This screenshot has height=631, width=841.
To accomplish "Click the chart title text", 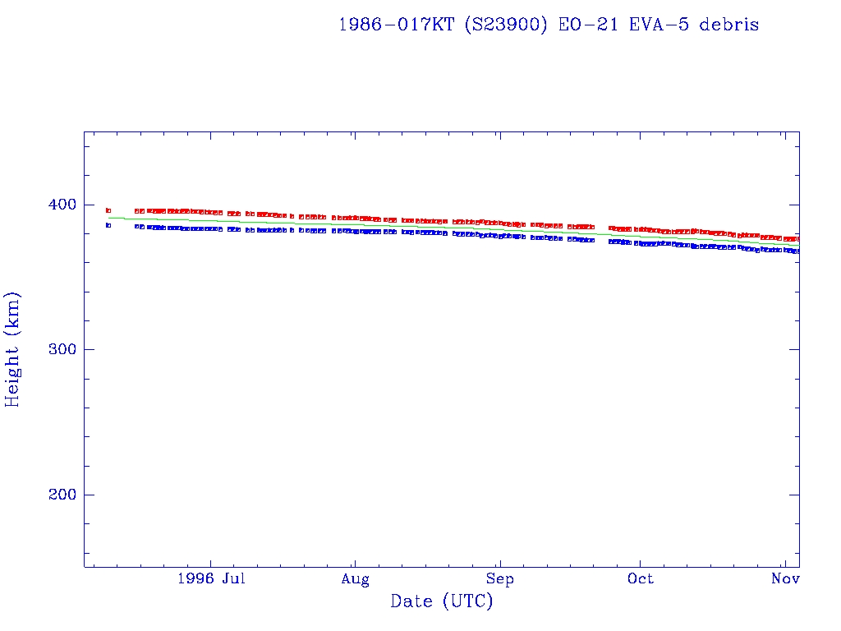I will coord(549,25).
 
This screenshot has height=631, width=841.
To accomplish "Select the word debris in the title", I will coord(729,25).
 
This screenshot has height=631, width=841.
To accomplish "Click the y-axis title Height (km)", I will coord(12,349).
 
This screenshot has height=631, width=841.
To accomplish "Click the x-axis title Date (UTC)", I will coord(442,601).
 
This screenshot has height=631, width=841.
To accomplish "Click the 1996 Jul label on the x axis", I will coord(211,579).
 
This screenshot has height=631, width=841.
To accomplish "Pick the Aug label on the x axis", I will coord(355,579).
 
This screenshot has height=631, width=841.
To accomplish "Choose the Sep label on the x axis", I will coord(499,579).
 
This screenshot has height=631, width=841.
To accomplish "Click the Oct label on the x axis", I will coord(641,579).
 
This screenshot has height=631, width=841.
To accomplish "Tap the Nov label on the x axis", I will coord(786,579).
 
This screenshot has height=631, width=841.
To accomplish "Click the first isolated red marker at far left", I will coord(108,210).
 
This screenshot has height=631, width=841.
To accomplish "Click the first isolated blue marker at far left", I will coord(108,225).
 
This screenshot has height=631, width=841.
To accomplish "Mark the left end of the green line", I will coord(109,218).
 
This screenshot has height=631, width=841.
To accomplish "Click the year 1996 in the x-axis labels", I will coord(196,579).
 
